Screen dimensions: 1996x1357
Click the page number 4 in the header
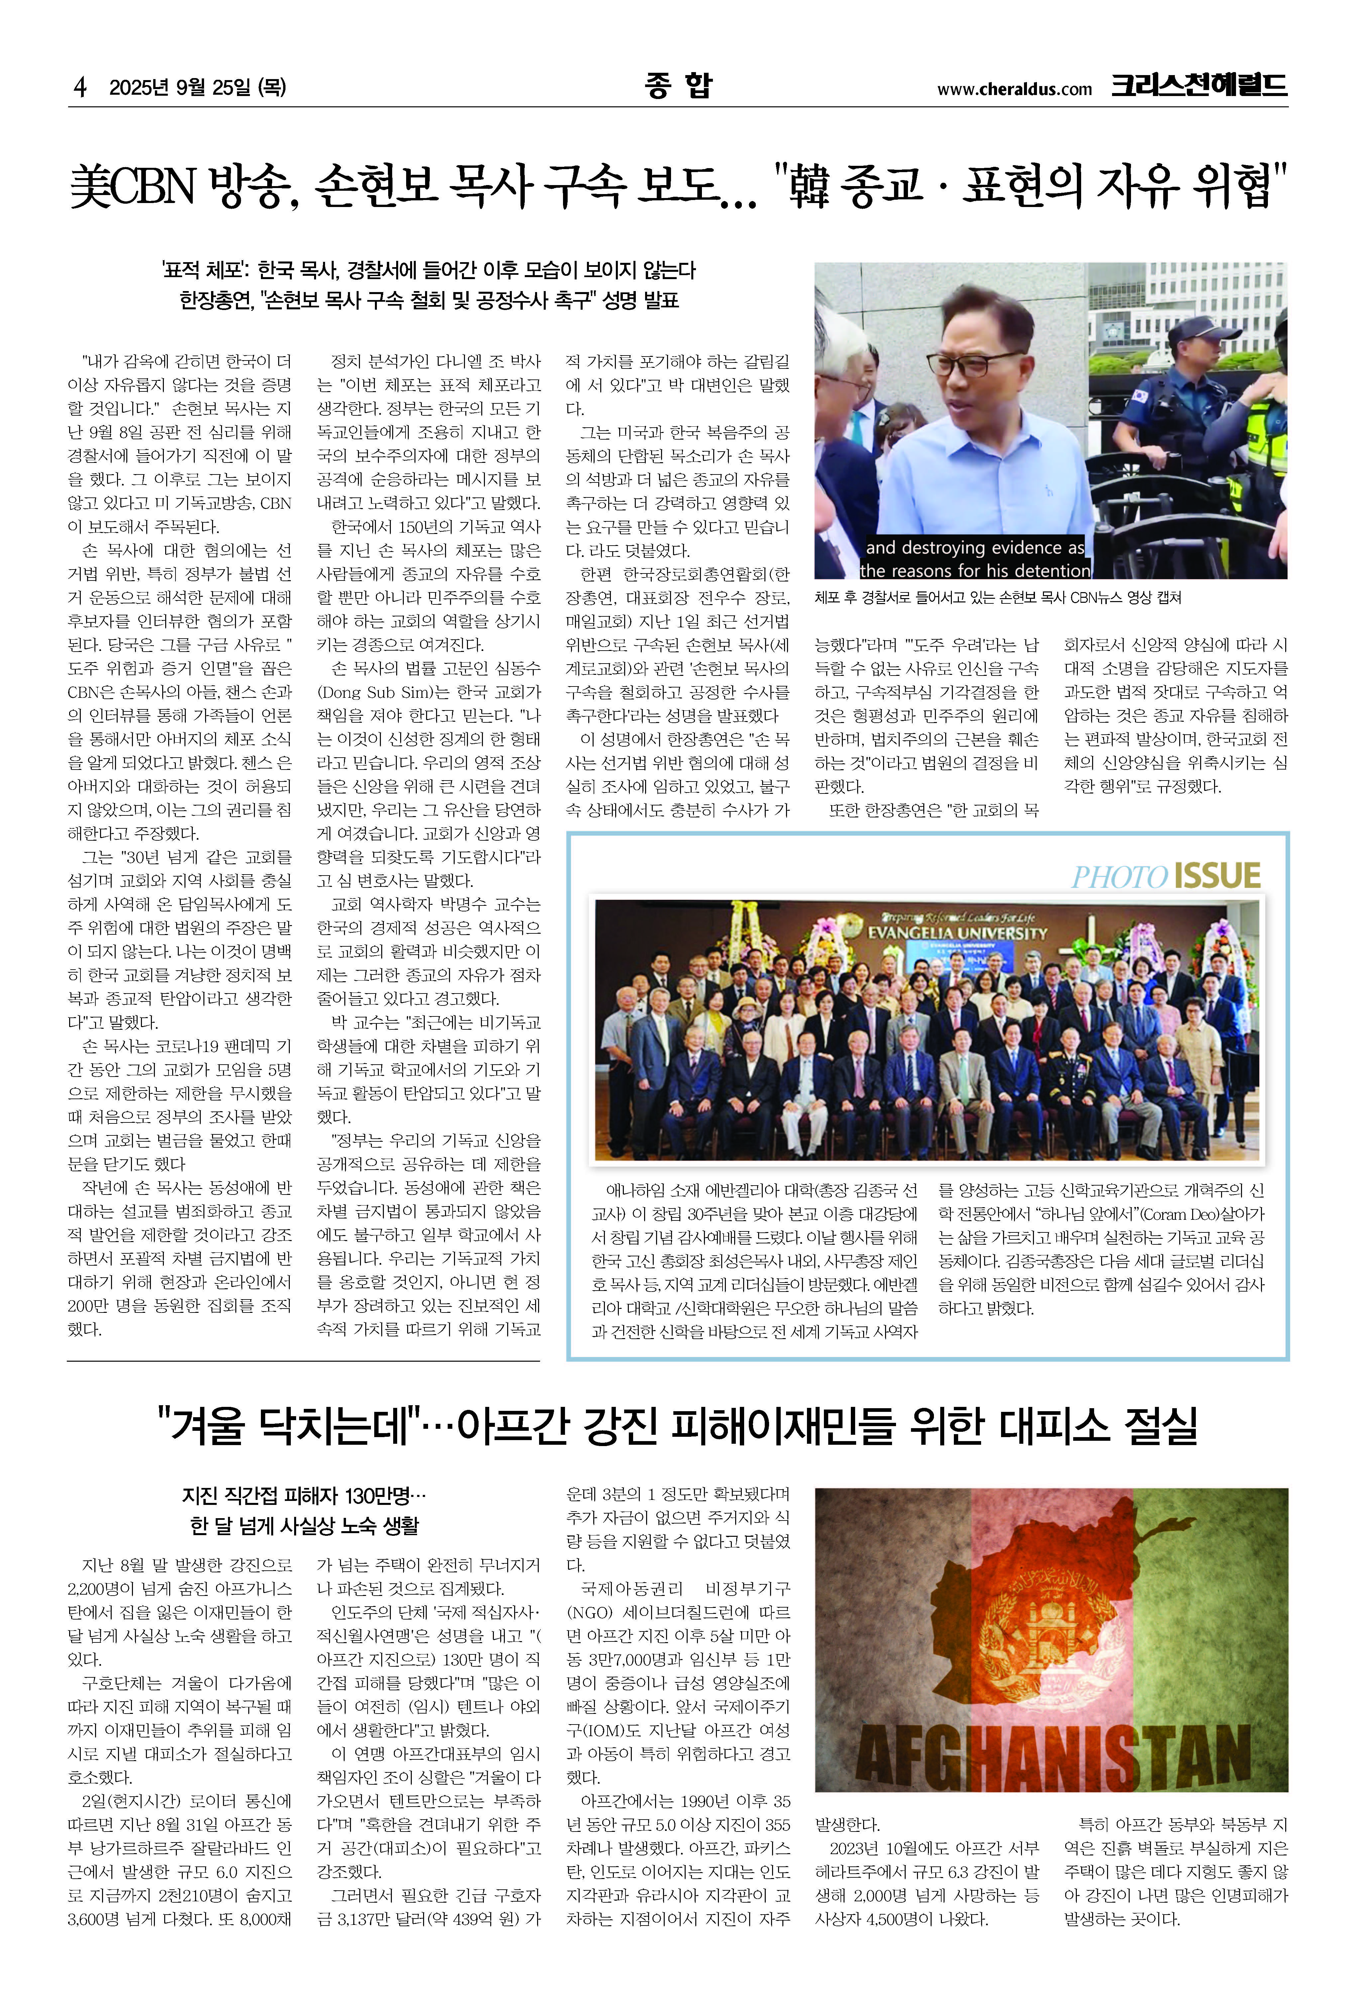tap(80, 87)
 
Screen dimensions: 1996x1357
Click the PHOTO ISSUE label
tap(1166, 876)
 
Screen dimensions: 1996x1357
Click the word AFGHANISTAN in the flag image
tap(1053, 1752)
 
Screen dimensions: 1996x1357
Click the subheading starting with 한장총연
tap(429, 301)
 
